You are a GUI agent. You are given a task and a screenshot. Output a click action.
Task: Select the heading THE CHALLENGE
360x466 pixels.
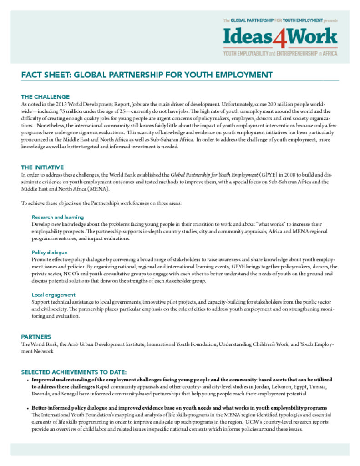click(45, 96)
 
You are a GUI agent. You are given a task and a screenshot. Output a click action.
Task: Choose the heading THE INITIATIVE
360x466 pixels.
click(42, 167)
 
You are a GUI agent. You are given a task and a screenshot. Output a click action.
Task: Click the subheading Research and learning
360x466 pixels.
click(58, 217)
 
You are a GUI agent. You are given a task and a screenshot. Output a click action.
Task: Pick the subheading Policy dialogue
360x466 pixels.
click(50, 252)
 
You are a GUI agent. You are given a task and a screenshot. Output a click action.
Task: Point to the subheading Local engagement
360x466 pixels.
click(54, 295)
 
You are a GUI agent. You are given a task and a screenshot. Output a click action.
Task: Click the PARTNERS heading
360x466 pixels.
click(36, 337)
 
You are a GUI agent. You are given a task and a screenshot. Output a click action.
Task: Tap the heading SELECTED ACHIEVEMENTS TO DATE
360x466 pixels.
click(77, 372)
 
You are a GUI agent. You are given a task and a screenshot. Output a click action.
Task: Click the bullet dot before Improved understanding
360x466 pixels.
click(28, 380)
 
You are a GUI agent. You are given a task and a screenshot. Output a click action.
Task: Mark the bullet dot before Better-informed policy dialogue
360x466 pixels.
click(28, 408)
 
